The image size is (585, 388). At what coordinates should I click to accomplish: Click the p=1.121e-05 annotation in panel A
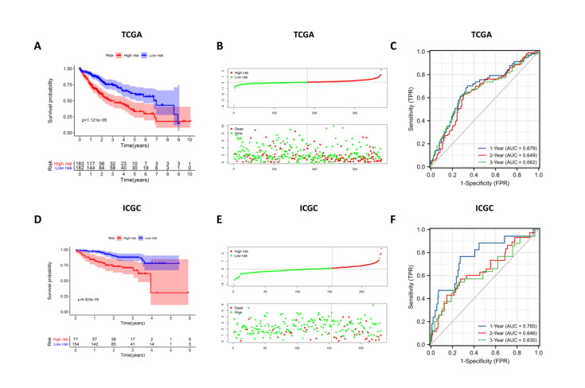(x=99, y=120)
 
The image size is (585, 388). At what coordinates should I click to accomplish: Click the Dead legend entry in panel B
(x=237, y=127)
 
